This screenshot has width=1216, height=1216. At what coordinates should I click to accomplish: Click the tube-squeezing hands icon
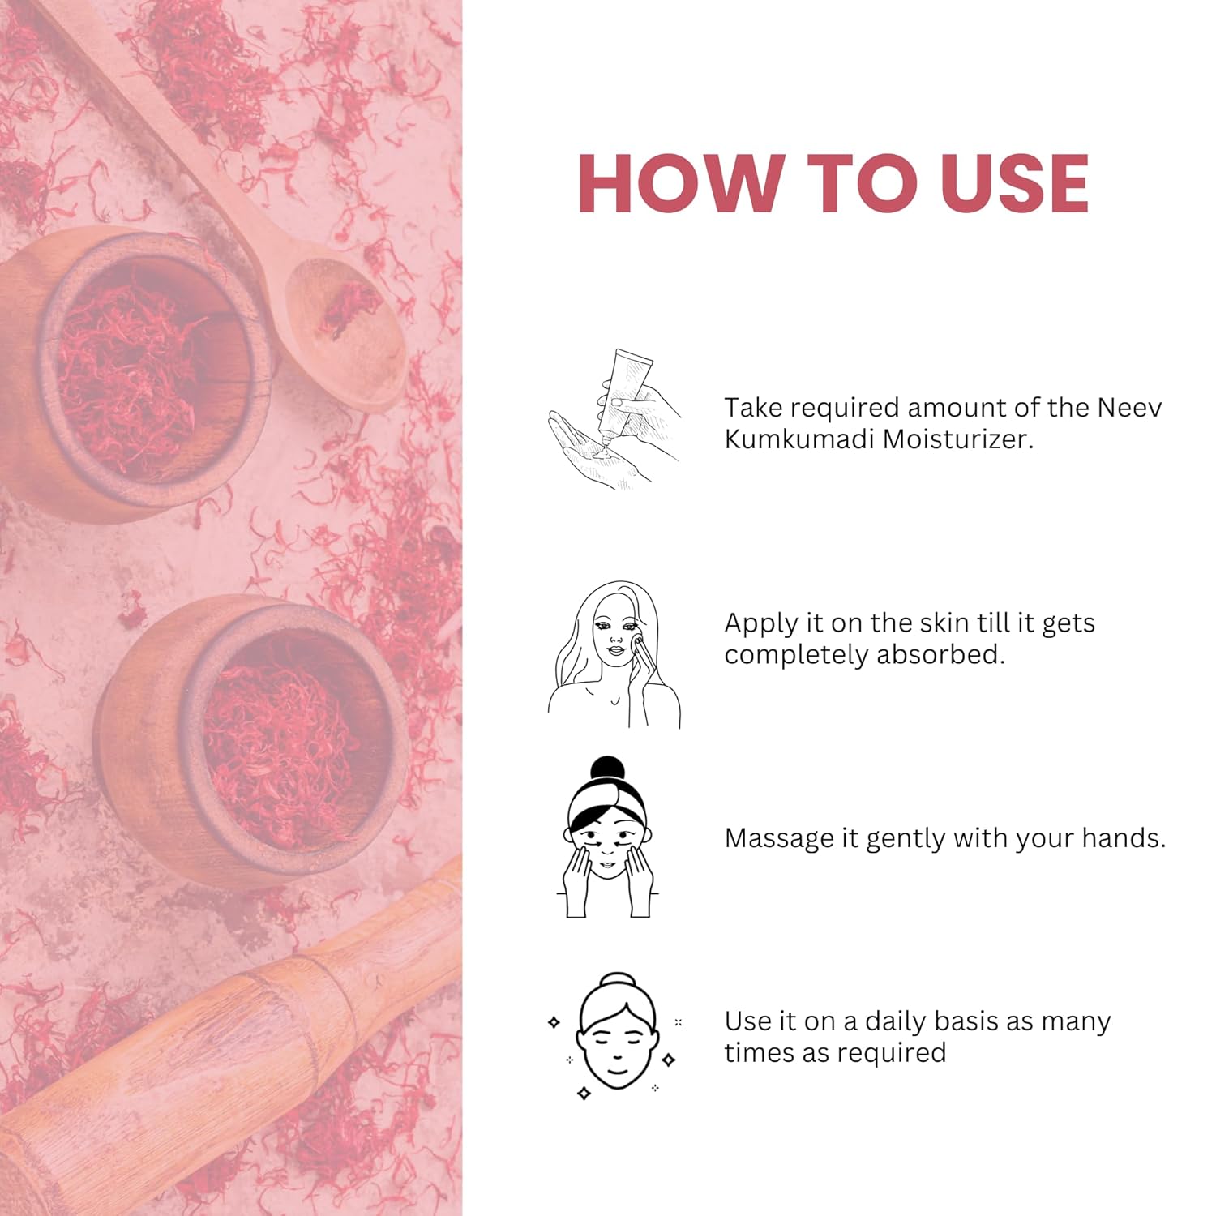click(x=614, y=419)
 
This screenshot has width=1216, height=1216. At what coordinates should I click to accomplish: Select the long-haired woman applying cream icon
click(x=614, y=655)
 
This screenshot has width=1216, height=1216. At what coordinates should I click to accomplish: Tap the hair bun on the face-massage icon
click(x=608, y=770)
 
